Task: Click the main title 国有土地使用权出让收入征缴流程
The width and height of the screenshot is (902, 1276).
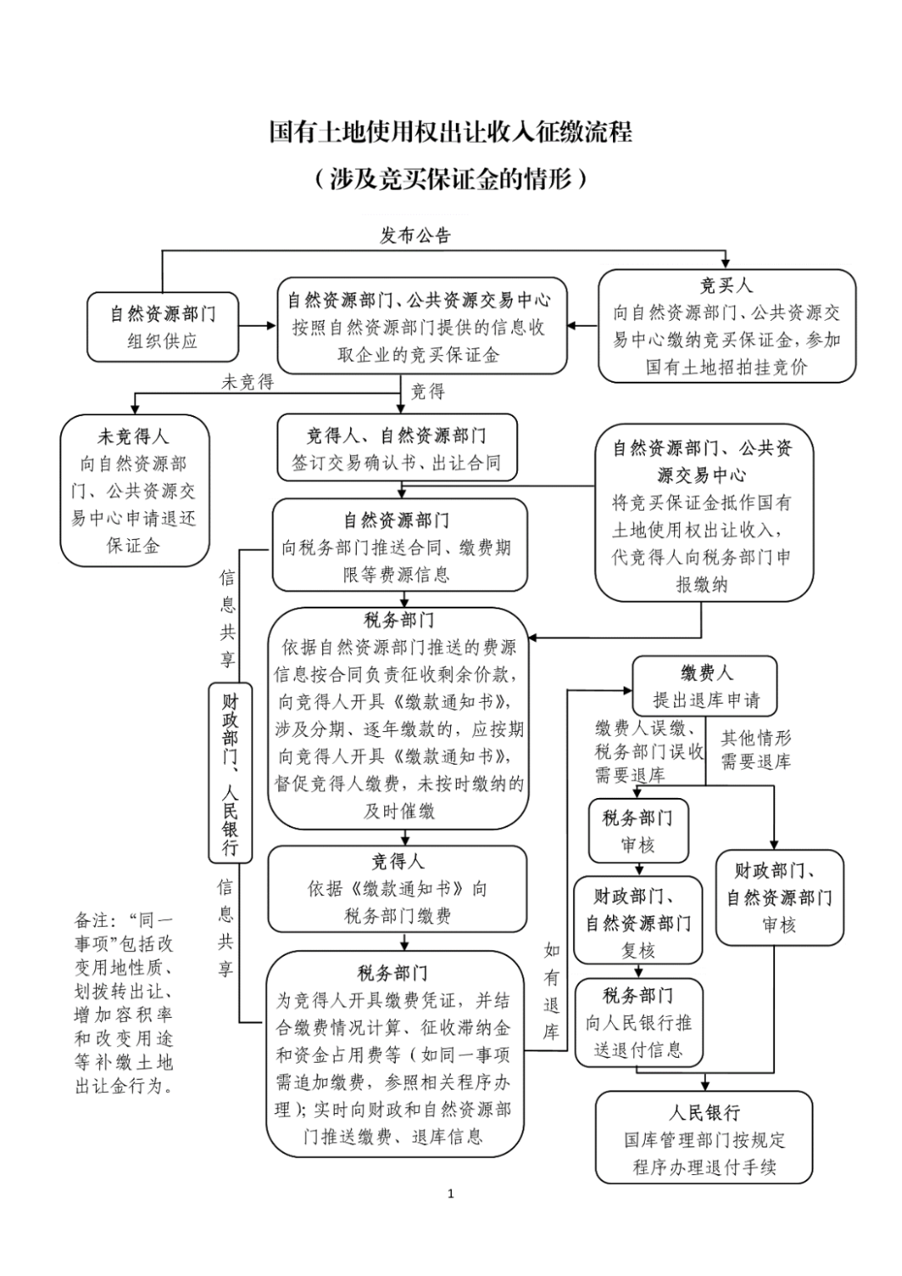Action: pyautogui.click(x=450, y=132)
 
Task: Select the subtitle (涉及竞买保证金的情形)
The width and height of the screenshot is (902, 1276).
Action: pyautogui.click(x=450, y=179)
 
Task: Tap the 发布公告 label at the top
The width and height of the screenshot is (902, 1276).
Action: pyautogui.click(x=415, y=236)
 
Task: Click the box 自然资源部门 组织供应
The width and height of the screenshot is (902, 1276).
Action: pyautogui.click(x=163, y=327)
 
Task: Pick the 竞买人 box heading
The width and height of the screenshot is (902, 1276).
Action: pyautogui.click(x=726, y=286)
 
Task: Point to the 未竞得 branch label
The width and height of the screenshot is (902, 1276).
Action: pyautogui.click(x=247, y=383)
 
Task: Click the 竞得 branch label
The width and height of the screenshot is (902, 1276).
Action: pyautogui.click(x=428, y=391)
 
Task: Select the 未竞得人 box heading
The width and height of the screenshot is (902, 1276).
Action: pyautogui.click(x=134, y=436)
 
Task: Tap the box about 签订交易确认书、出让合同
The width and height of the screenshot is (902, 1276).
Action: pyautogui.click(x=397, y=450)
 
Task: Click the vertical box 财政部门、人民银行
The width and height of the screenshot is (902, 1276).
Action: pyautogui.click(x=229, y=773)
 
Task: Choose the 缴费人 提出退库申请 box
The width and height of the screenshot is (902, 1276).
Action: pyautogui.click(x=705, y=686)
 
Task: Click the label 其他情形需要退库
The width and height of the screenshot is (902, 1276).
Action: pyautogui.click(x=756, y=750)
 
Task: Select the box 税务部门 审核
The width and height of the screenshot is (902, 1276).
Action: pyautogui.click(x=638, y=831)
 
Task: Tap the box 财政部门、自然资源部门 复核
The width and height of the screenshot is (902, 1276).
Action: pyautogui.click(x=638, y=923)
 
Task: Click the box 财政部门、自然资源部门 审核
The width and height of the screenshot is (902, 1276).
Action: pyautogui.click(x=778, y=897)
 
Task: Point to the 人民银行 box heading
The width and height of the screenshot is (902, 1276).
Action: pyautogui.click(x=704, y=1113)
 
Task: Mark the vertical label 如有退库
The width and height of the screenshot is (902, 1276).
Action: pyautogui.click(x=551, y=991)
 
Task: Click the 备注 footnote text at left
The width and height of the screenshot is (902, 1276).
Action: pyautogui.click(x=124, y=1002)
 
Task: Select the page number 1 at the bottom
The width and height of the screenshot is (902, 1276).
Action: pyautogui.click(x=451, y=1193)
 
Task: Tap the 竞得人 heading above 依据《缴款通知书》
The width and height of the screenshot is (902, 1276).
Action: pyautogui.click(x=398, y=862)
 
